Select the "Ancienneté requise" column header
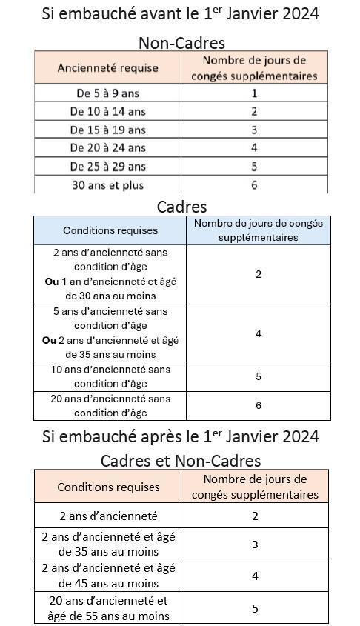click(108, 67)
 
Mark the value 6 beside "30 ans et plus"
click(254, 185)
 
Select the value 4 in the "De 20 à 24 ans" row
click(254, 148)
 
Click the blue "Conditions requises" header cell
click(110, 230)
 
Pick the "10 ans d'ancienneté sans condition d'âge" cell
click(110, 376)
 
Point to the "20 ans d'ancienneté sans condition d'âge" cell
click(110, 406)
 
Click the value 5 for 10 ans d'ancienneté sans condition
click(259, 376)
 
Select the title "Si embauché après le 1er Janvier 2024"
click(181, 436)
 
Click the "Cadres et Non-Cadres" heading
click(181, 461)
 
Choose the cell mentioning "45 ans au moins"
click(108, 576)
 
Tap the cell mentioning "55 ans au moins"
click(108, 608)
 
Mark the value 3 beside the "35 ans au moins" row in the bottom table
click(255, 545)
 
